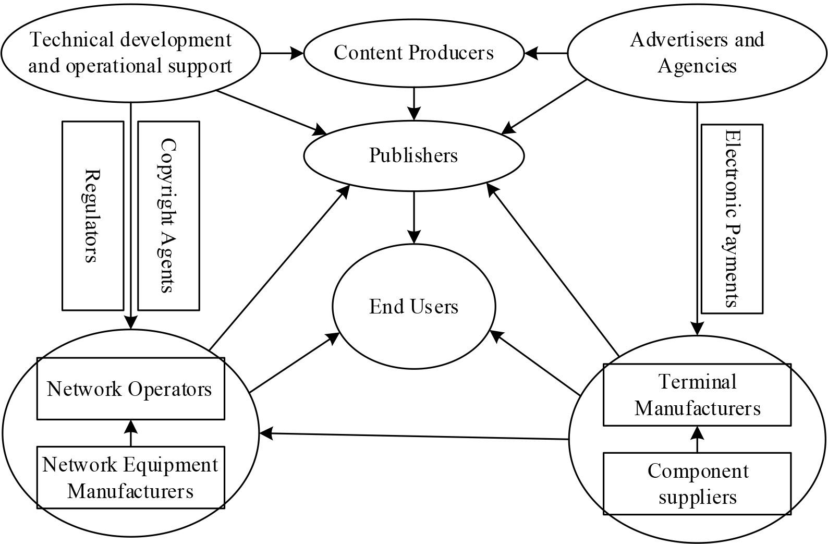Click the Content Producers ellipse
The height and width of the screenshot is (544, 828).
[x=413, y=53]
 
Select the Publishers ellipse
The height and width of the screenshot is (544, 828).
[x=413, y=155]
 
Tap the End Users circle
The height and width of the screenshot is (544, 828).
[x=414, y=306]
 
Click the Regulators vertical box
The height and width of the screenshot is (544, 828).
[x=93, y=215]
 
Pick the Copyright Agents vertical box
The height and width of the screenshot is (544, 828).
[x=168, y=215]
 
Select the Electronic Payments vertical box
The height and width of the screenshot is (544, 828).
[x=732, y=219]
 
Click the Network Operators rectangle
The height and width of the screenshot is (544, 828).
[x=130, y=389]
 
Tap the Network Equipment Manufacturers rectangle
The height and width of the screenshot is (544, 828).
[x=130, y=477]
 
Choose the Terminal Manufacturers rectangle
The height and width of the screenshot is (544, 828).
[x=697, y=395]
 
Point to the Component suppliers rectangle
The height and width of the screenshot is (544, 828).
[x=697, y=483]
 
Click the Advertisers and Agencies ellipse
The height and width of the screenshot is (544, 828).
[x=697, y=53]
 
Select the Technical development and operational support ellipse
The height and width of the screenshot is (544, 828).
[x=130, y=53]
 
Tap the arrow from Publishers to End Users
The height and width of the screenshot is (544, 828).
[x=414, y=216]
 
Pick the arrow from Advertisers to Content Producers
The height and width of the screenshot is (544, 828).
[x=546, y=53]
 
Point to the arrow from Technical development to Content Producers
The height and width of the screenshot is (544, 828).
[x=282, y=53]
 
